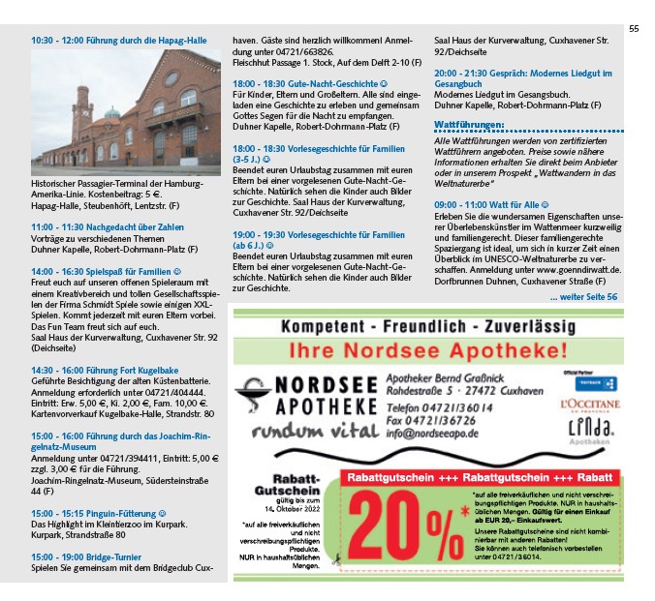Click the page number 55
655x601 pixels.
[x=634, y=29]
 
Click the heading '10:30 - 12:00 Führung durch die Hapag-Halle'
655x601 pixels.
[x=119, y=41]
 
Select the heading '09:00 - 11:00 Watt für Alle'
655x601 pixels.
[x=492, y=205]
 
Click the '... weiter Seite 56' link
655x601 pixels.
[x=582, y=296]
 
